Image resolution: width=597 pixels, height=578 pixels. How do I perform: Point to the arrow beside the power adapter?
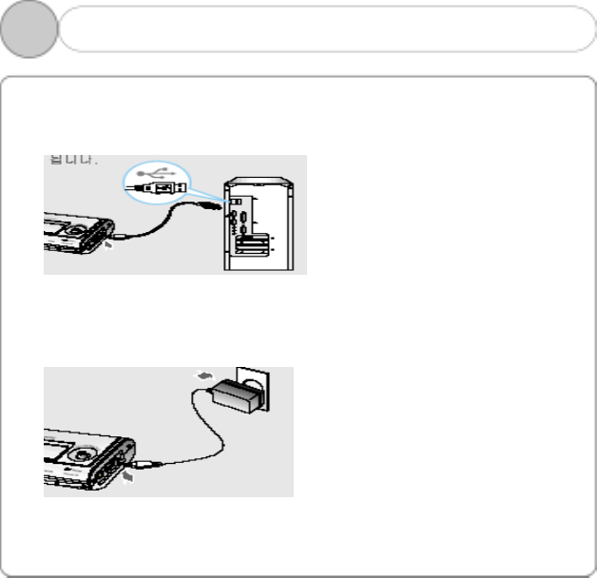point(202,376)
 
